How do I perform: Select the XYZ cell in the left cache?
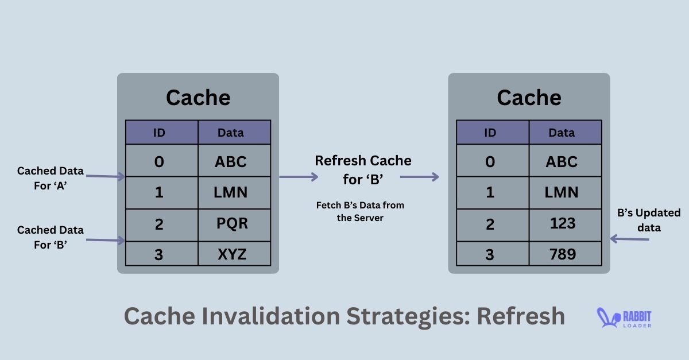coord(234,254)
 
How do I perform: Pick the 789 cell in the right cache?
coord(565,254)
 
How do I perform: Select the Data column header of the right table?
coord(565,133)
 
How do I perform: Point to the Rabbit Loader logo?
coord(625,318)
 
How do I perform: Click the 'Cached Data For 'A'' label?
coord(50,177)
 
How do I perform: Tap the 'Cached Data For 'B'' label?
coord(50,236)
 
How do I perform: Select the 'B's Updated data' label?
coord(648,220)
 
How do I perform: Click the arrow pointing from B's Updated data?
coord(629,239)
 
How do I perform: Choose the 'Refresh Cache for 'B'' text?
coord(363,169)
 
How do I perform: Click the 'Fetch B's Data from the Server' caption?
coord(364,211)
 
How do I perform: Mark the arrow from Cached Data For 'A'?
coord(105,177)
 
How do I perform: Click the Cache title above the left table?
coord(198,98)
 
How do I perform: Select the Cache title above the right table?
coord(529,98)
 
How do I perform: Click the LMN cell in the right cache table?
coord(565,192)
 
